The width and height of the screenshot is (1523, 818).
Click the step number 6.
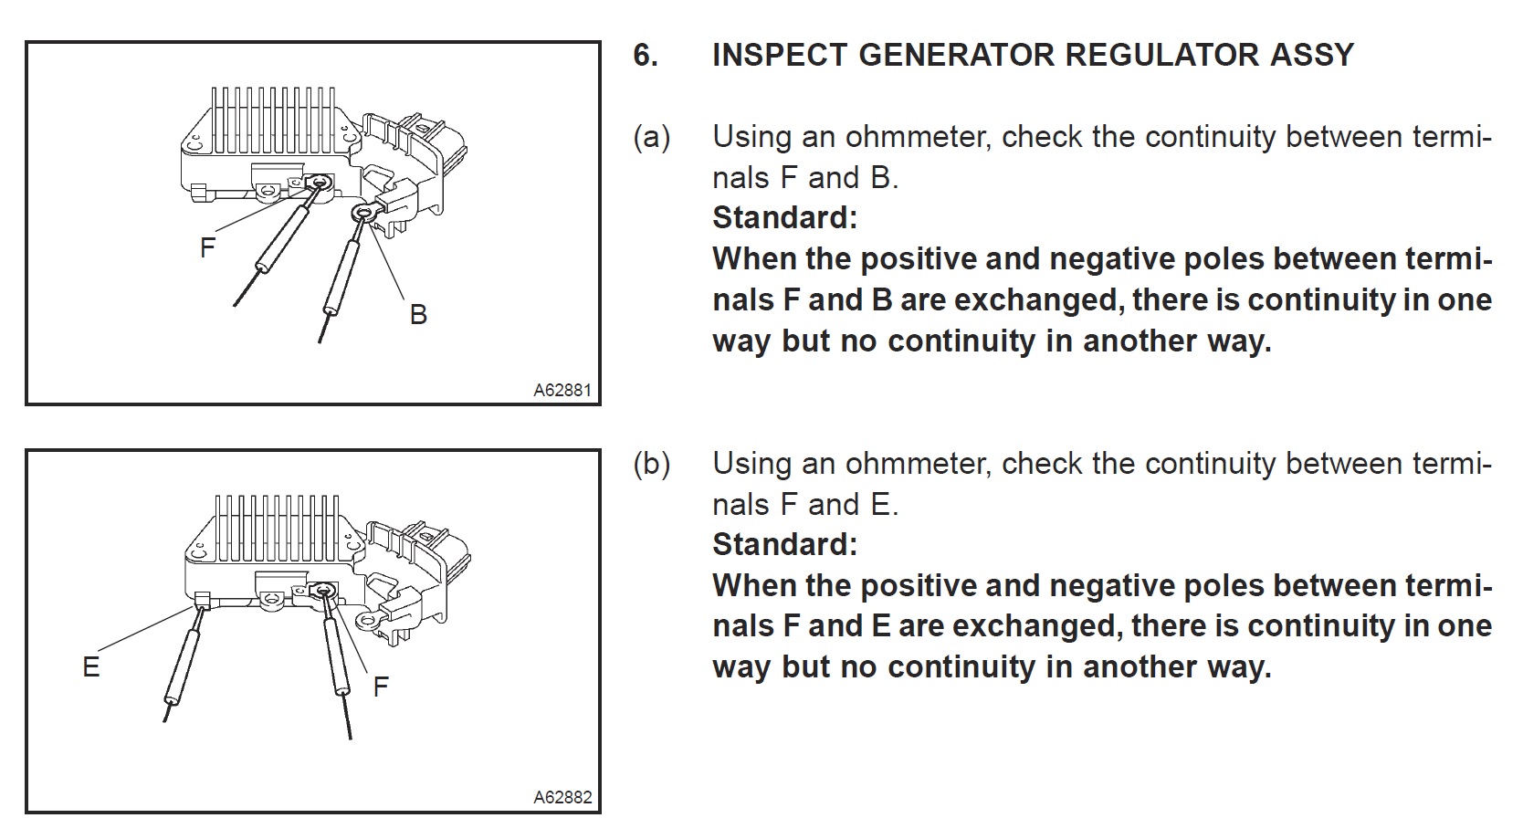(x=645, y=56)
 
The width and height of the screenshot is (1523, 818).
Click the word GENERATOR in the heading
(x=956, y=56)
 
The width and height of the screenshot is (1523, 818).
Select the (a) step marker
(x=652, y=138)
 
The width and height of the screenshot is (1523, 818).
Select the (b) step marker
(x=652, y=465)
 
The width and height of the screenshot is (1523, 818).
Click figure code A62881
(x=562, y=391)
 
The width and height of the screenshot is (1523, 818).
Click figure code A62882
(x=562, y=798)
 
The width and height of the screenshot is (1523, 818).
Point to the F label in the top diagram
(x=208, y=247)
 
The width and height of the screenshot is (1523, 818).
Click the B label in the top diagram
(x=418, y=315)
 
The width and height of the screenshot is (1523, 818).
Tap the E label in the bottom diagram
(x=90, y=667)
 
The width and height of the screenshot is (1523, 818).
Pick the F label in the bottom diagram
(x=381, y=687)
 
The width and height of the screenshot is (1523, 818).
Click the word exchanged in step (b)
(x=1035, y=627)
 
